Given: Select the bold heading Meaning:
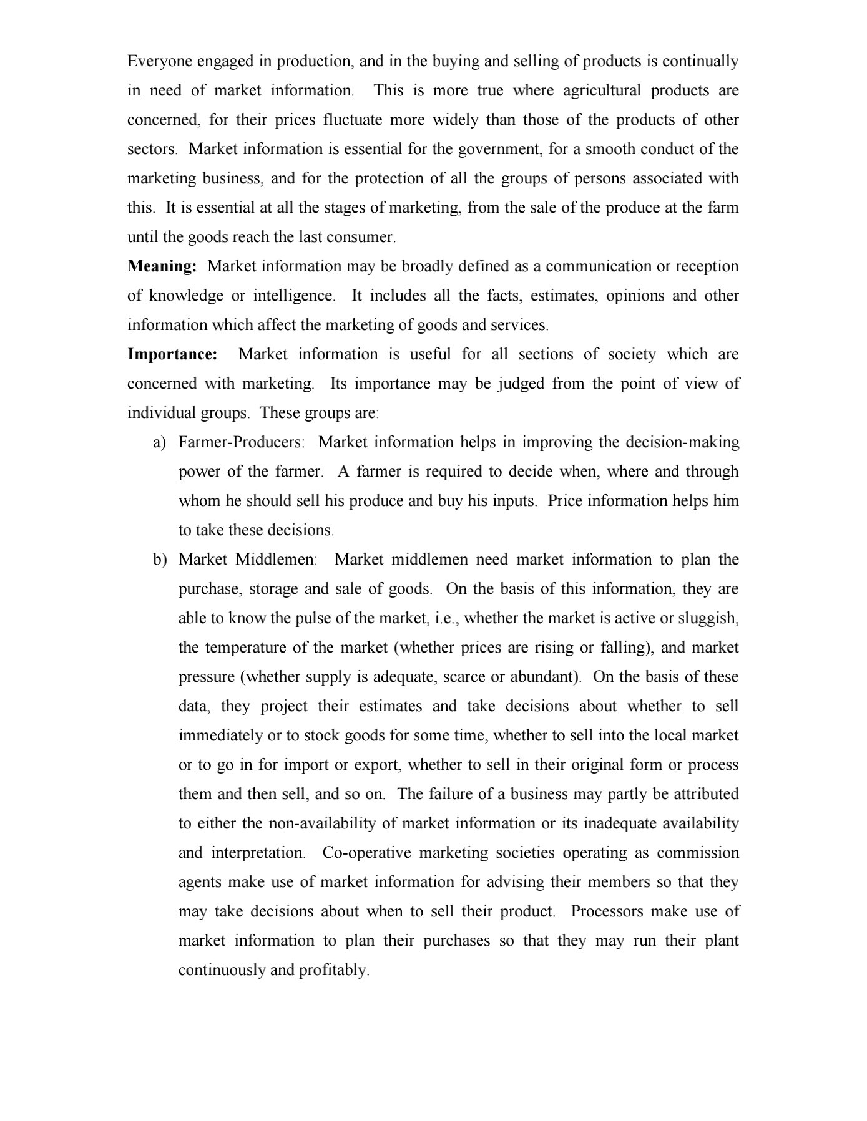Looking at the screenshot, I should tap(162, 266).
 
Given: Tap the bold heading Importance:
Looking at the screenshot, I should tap(172, 354).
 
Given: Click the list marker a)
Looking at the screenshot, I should tap(160, 442).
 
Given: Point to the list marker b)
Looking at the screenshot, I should tap(160, 560).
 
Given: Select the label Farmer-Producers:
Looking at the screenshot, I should tap(242, 442).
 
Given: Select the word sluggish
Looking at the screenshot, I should tap(708, 618).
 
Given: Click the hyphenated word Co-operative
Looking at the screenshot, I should tap(366, 853).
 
